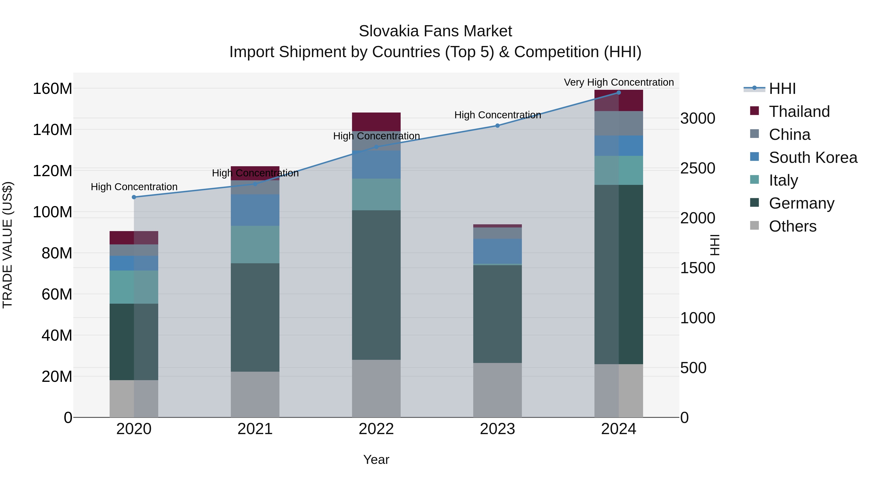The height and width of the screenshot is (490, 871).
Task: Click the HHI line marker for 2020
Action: [134, 197]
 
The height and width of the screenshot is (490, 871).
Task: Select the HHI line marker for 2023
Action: [497, 126]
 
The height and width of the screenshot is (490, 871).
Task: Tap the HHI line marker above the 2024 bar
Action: [618, 93]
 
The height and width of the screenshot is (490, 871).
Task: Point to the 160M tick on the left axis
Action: [53, 89]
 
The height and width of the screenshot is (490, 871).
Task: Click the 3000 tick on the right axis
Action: [698, 119]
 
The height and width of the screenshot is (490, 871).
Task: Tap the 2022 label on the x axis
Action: [376, 429]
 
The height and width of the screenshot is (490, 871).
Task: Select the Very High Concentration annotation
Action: [618, 82]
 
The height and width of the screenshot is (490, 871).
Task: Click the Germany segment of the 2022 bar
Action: [376, 285]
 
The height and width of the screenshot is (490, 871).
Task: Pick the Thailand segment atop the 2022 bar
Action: [376, 122]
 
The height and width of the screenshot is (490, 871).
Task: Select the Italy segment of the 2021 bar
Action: [255, 244]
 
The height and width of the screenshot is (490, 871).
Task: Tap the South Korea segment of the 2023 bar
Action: [497, 251]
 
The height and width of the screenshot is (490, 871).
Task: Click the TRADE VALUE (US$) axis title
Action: [8, 245]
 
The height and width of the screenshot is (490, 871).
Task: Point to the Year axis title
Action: [376, 460]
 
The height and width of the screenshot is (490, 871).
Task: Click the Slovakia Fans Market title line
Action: [435, 31]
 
